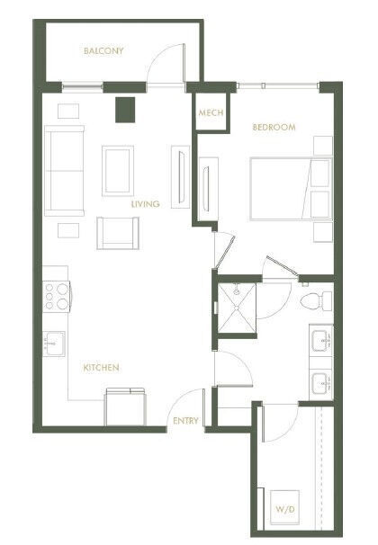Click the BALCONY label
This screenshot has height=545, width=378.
(x=103, y=51)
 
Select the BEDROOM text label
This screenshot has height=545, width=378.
(x=274, y=128)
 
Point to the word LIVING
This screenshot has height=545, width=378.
(x=145, y=204)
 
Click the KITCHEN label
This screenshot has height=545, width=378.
(x=102, y=368)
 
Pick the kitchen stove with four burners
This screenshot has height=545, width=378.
(x=56, y=296)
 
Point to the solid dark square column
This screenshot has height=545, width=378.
(x=123, y=109)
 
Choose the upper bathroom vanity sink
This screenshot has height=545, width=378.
(x=320, y=341)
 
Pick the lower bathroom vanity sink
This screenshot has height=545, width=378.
(x=320, y=386)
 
